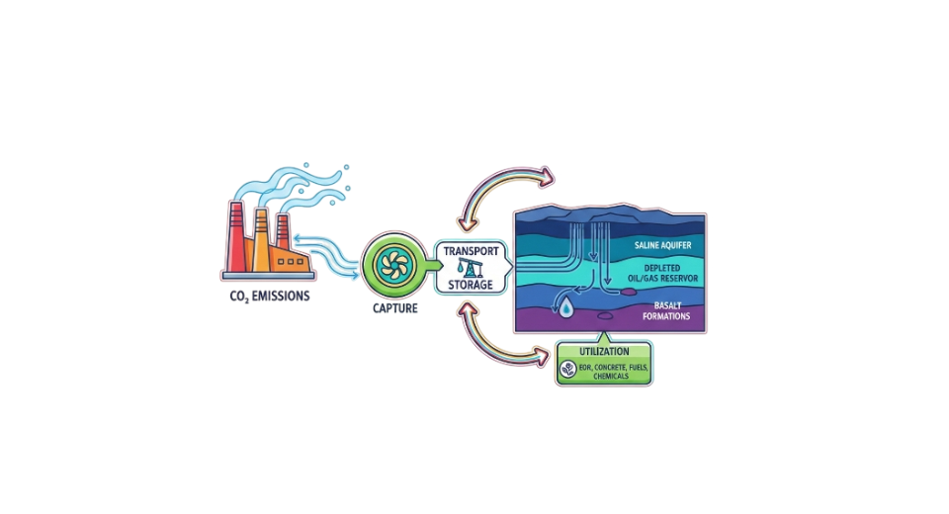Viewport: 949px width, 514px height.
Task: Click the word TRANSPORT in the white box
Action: pyautogui.click(x=472, y=250)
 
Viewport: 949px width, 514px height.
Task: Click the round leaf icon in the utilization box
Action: pyautogui.click(x=568, y=371)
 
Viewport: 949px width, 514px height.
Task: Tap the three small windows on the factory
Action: pyautogui.click(x=292, y=262)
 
